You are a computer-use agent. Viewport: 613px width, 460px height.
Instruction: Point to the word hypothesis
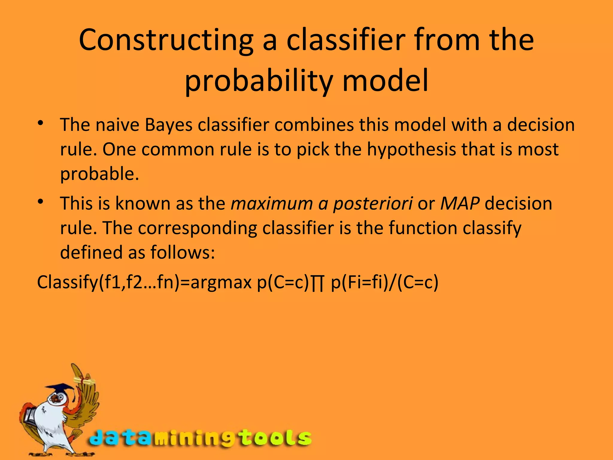point(412,149)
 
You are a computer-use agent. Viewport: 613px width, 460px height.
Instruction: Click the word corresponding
point(197,229)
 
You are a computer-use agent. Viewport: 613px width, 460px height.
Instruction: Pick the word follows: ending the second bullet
point(182,252)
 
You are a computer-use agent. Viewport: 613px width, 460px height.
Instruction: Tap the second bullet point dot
point(41,202)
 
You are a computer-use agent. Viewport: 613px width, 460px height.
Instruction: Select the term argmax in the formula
point(221,283)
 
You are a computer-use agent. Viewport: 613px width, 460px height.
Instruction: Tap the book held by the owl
point(30,415)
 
